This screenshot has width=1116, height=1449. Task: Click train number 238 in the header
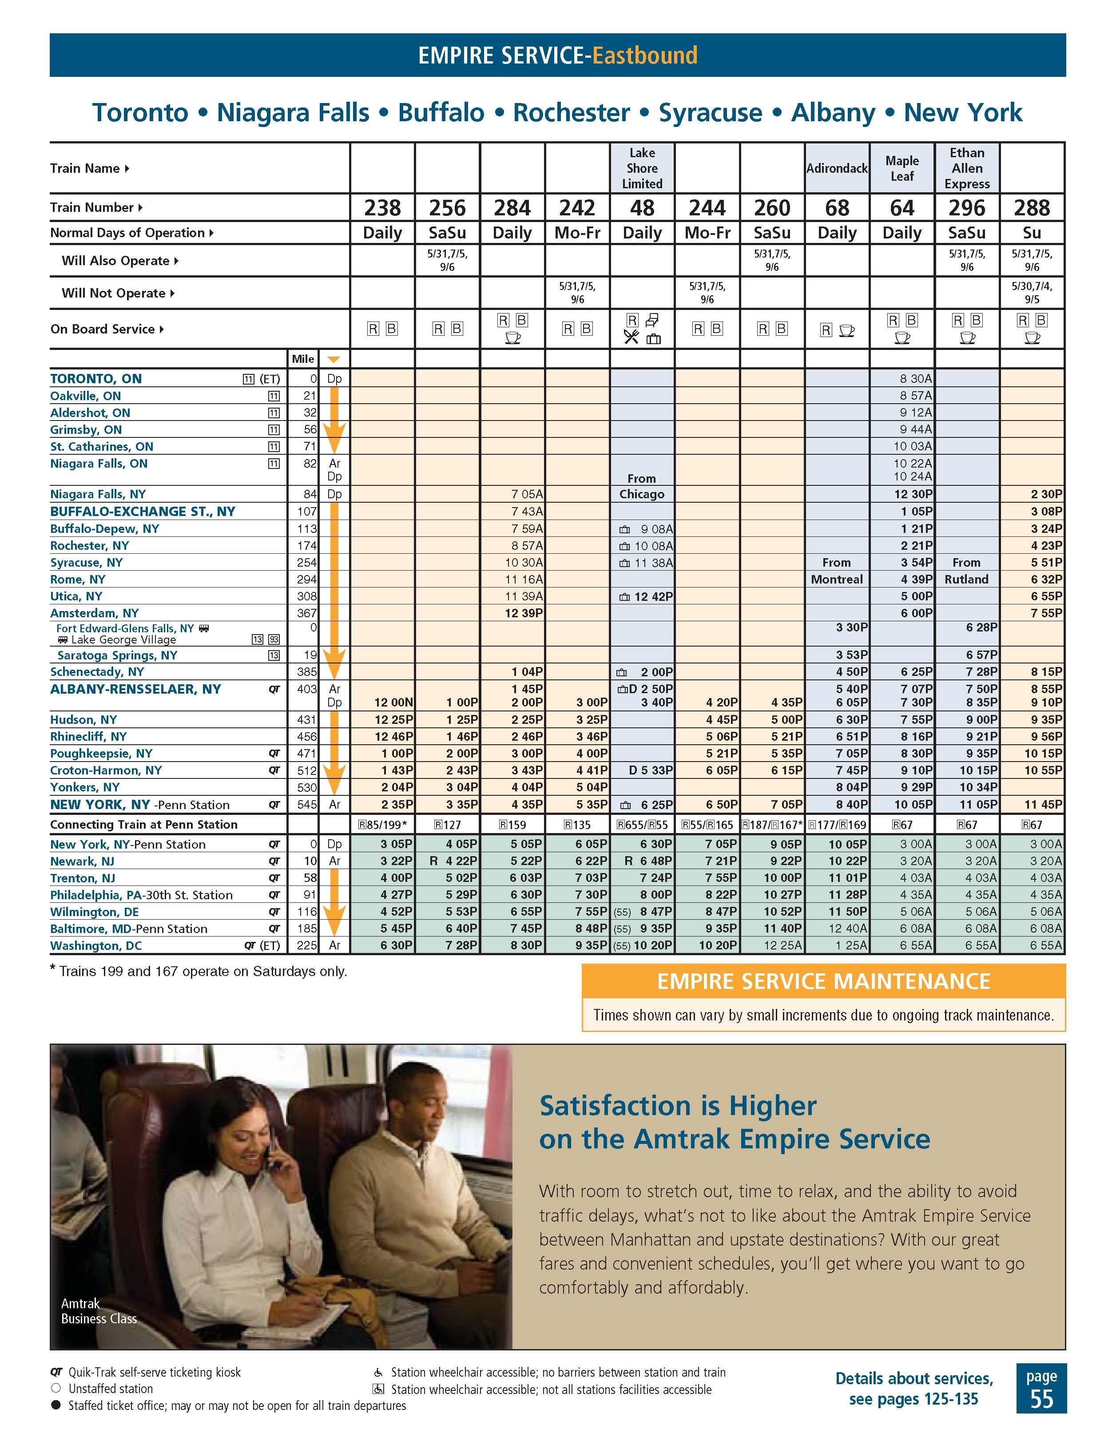(x=382, y=208)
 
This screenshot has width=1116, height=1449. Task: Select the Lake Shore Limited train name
(x=642, y=168)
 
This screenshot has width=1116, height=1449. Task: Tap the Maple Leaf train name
(x=902, y=168)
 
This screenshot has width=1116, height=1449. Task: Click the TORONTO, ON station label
(x=96, y=379)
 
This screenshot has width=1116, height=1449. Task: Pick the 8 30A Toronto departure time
(x=916, y=379)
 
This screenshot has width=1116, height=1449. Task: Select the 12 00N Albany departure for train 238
(x=393, y=702)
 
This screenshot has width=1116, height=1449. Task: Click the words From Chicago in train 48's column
(x=642, y=486)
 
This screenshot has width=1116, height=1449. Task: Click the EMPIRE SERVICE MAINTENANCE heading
(x=823, y=981)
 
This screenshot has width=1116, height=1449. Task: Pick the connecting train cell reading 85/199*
(x=382, y=825)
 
